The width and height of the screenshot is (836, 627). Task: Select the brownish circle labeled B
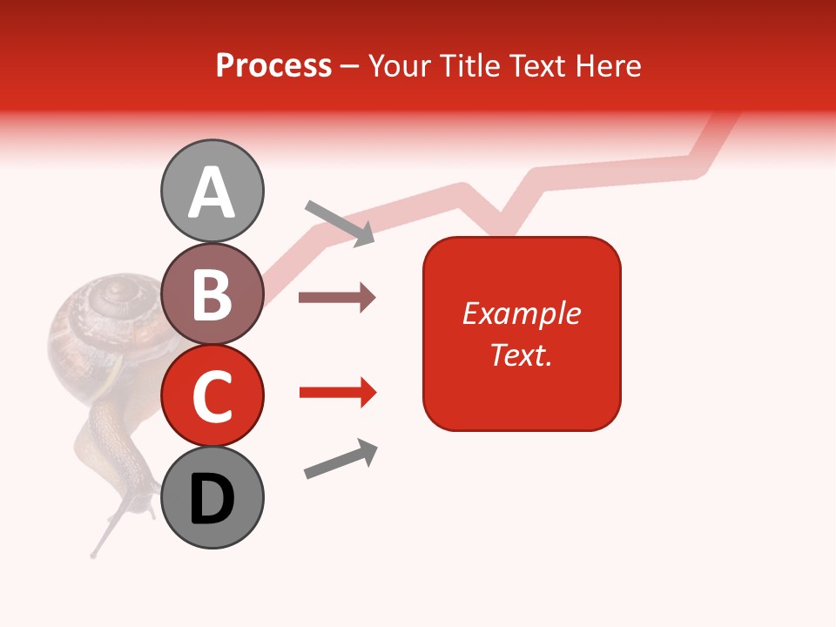[212, 295]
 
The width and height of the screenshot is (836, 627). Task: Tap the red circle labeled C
[212, 396]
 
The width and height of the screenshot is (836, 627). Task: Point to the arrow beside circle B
[337, 298]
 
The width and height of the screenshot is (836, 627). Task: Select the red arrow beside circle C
[337, 393]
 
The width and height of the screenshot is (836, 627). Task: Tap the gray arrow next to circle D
[340, 459]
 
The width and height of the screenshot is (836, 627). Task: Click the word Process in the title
[273, 65]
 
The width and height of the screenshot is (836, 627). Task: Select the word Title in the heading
[469, 65]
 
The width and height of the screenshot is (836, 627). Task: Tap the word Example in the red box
[521, 313]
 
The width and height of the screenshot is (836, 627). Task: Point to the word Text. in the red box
[521, 354]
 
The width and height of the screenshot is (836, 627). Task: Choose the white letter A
[212, 192]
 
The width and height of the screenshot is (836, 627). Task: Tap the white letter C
[212, 396]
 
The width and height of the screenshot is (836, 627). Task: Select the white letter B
[212, 295]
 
